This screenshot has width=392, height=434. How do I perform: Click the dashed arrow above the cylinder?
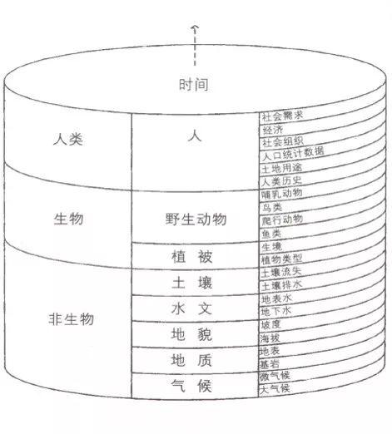(x=195, y=46)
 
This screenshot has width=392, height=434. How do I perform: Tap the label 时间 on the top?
(x=194, y=84)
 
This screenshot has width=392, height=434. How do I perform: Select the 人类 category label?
(x=68, y=139)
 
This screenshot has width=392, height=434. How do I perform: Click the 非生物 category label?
(x=72, y=319)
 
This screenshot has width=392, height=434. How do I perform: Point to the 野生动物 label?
(x=196, y=219)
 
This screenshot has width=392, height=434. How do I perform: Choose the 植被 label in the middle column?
(x=192, y=257)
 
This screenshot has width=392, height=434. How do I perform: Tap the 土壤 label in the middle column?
(x=192, y=283)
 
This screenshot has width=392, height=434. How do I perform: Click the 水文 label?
(x=192, y=308)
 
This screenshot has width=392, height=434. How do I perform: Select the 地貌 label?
(x=191, y=334)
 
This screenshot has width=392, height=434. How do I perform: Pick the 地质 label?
(x=191, y=360)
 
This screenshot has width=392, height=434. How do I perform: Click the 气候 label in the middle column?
(x=191, y=386)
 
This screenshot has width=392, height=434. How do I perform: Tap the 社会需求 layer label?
(x=282, y=116)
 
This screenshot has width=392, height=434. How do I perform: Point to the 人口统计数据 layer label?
(x=293, y=154)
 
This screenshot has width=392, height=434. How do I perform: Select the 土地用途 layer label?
(x=282, y=168)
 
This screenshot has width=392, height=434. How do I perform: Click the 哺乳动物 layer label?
(x=281, y=194)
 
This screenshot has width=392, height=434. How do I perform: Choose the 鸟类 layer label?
(x=272, y=207)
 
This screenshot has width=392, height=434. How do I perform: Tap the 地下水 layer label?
(x=276, y=312)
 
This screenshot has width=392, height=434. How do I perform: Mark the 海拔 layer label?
(x=270, y=338)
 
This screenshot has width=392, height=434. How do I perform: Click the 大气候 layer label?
(x=275, y=388)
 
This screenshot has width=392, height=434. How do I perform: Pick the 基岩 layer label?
(x=270, y=364)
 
